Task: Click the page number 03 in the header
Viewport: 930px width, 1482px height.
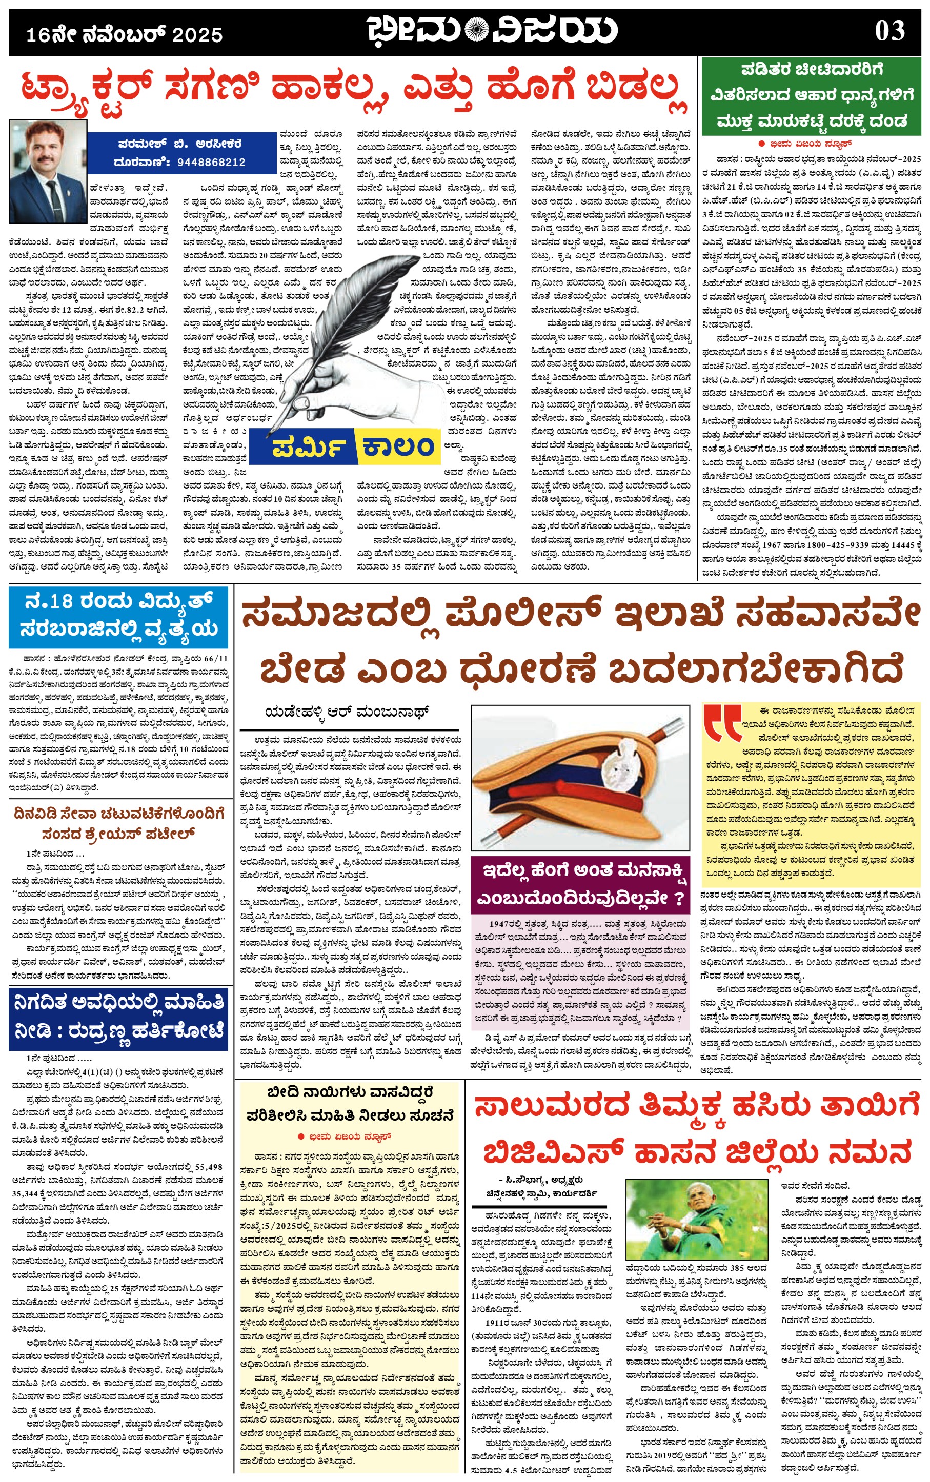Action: coord(889,31)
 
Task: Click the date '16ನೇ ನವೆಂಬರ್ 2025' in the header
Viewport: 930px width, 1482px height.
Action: coord(124,34)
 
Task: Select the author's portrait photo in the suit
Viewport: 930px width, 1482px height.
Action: coord(48,171)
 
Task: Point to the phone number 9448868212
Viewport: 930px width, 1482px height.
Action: coord(211,163)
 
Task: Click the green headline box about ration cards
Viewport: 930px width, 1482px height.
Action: coord(810,95)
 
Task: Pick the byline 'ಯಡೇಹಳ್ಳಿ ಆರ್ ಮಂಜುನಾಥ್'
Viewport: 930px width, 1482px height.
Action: coord(347,712)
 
